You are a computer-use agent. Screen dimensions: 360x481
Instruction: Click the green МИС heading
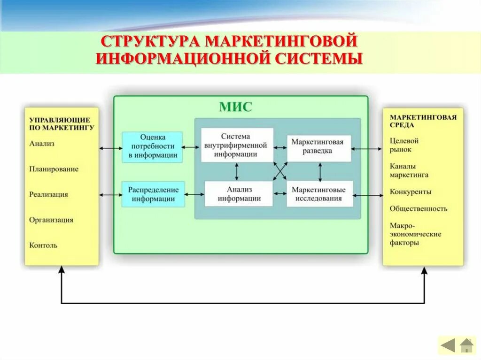click(x=235, y=107)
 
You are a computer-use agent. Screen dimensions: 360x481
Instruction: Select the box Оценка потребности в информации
click(x=153, y=147)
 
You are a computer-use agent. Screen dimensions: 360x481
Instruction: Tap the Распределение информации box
click(x=153, y=194)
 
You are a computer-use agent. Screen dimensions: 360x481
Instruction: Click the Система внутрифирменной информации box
click(x=237, y=145)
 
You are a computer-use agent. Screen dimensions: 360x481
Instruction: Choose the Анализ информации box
click(x=239, y=193)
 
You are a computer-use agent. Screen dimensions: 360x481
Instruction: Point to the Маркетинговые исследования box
click(x=319, y=194)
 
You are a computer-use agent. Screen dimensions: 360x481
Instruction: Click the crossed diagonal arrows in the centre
click(x=280, y=170)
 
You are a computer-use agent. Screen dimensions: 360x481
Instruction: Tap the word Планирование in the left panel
click(x=54, y=169)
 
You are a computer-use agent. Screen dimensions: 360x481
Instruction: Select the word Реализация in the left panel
click(x=48, y=194)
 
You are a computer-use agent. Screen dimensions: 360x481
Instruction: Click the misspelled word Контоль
click(x=43, y=245)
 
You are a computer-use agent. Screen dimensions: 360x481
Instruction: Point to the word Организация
click(x=51, y=220)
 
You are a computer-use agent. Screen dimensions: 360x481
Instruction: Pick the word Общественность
click(x=418, y=209)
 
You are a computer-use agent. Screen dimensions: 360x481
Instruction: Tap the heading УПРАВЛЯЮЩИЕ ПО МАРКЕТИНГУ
click(x=61, y=123)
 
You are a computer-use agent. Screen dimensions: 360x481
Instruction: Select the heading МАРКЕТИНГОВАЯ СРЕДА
click(x=423, y=121)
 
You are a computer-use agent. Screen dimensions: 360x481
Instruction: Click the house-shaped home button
click(x=466, y=346)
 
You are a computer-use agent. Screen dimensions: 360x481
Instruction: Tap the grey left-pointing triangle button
click(x=448, y=346)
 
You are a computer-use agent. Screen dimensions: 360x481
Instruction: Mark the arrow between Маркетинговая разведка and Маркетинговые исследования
click(x=320, y=172)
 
